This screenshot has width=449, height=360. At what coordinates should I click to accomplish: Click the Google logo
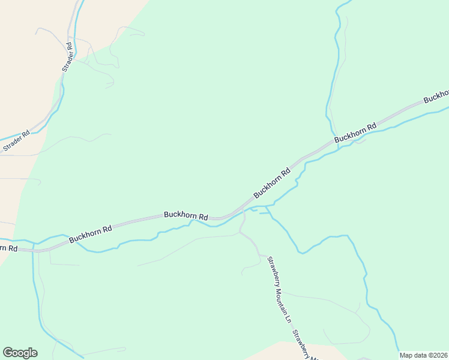20,353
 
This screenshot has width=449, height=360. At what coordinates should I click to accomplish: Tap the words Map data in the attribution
412,355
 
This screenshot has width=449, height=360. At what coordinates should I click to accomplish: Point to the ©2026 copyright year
438,355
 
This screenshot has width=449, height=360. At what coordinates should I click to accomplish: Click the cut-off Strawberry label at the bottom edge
306,345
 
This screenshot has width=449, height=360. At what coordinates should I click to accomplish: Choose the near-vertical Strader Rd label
68,57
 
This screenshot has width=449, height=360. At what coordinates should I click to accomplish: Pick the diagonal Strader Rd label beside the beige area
17,140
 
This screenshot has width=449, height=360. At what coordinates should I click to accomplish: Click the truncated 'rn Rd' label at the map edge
8,248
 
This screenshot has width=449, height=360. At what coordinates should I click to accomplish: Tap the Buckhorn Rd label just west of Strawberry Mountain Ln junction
186,215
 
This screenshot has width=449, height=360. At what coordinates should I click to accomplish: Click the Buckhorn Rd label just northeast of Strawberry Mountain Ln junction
272,183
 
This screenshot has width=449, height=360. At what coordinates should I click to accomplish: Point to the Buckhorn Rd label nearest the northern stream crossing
355,132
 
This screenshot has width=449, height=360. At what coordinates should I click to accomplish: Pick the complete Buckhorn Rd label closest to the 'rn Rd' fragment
91,234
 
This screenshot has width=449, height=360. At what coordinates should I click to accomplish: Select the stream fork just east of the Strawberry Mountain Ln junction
267,208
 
